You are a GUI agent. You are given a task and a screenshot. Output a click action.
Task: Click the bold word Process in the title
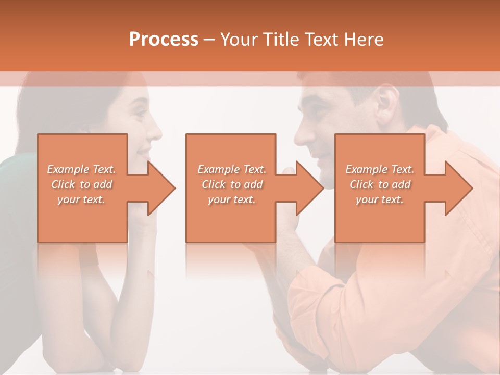(164, 40)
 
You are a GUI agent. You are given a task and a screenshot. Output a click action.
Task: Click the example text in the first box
(82, 184)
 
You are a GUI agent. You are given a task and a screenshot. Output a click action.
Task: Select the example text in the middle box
(231, 184)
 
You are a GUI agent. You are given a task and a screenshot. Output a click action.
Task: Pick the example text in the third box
(380, 184)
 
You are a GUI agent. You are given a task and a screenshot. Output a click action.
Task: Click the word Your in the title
(239, 40)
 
